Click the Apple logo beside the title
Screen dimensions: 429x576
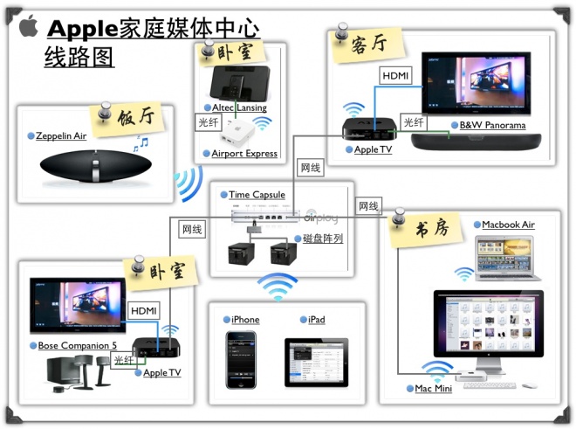29,26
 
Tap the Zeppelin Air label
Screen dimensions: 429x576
61,136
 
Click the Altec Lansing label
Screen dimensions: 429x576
239,107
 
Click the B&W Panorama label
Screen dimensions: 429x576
492,126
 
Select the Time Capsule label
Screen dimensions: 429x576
259,195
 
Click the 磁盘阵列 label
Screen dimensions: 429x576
322,238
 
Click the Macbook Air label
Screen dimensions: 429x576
508,225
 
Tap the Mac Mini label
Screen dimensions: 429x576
433,388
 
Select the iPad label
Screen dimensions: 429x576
317,320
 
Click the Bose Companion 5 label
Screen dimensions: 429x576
77,346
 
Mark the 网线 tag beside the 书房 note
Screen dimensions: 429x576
368,206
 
